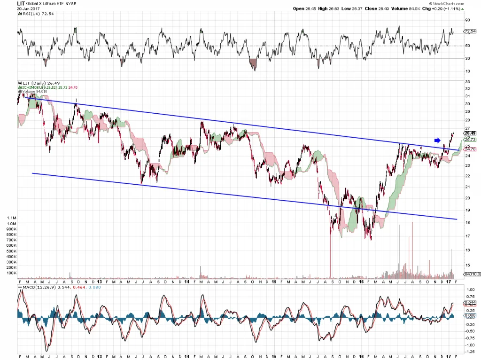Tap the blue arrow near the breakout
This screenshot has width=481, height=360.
click(436, 140)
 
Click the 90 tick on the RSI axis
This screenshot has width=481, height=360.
click(468, 20)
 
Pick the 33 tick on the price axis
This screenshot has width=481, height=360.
click(467, 82)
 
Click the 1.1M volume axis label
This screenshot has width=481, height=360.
click(10, 219)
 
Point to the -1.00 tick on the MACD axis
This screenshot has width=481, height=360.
click(469, 345)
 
